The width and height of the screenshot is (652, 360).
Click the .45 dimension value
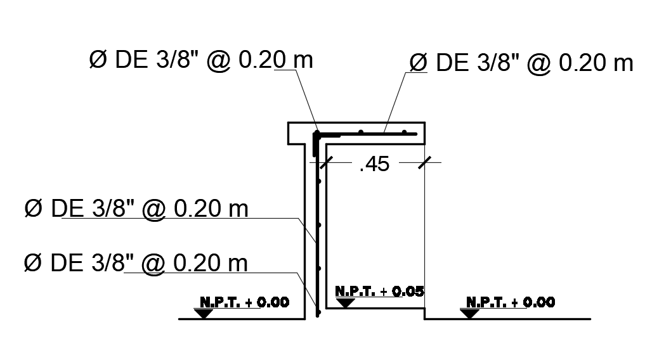pyautogui.click(x=374, y=166)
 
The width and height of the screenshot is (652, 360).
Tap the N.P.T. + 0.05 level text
pyautogui.click(x=379, y=292)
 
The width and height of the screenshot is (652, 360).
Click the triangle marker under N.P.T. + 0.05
pyautogui.click(x=345, y=302)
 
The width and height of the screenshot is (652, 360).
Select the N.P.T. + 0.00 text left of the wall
pyautogui.click(x=245, y=302)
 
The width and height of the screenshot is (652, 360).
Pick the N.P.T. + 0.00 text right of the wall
pyautogui.click(x=511, y=302)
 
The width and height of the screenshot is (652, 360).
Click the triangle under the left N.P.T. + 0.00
pyautogui.click(x=204, y=313)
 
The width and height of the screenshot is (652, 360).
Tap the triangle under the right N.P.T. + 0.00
pyautogui.click(x=470, y=313)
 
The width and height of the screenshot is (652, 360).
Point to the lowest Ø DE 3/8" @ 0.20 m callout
pyautogui.click(x=136, y=262)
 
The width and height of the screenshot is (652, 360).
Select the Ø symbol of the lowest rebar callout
pyautogui.click(x=32, y=262)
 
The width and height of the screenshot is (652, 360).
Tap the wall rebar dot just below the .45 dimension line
pyautogui.click(x=320, y=182)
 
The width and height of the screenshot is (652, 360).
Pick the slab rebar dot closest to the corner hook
pyautogui.click(x=361, y=132)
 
